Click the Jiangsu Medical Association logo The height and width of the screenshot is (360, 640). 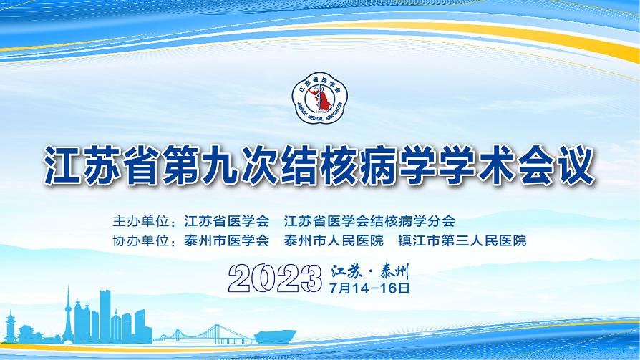(319, 98)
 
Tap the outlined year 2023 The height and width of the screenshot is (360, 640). (275, 278)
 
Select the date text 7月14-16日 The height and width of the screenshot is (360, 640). (370, 288)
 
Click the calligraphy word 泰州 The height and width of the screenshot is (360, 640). (394, 271)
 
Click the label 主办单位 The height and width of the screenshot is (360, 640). (141, 221)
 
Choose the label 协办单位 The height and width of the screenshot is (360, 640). (141, 240)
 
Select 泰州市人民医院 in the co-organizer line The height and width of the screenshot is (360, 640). (334, 240)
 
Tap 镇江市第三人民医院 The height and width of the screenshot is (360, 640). (462, 240)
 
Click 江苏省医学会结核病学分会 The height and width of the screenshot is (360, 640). (369, 221)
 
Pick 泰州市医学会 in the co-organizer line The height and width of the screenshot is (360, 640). (226, 240)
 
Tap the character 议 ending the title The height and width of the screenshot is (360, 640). (576, 165)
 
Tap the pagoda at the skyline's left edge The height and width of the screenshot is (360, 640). (10, 327)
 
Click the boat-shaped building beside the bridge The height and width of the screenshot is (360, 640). (275, 336)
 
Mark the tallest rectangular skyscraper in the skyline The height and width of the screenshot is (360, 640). (105, 315)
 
